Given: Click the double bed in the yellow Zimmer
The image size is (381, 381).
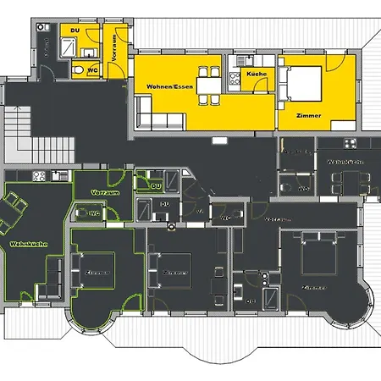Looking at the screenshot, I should [302, 83].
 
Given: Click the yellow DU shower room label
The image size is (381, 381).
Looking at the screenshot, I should [75, 30].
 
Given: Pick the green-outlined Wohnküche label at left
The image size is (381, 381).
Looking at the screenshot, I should [28, 244].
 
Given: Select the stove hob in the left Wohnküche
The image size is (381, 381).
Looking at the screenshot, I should [38, 176].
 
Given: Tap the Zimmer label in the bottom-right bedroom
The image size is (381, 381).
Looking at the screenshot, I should [312, 288].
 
